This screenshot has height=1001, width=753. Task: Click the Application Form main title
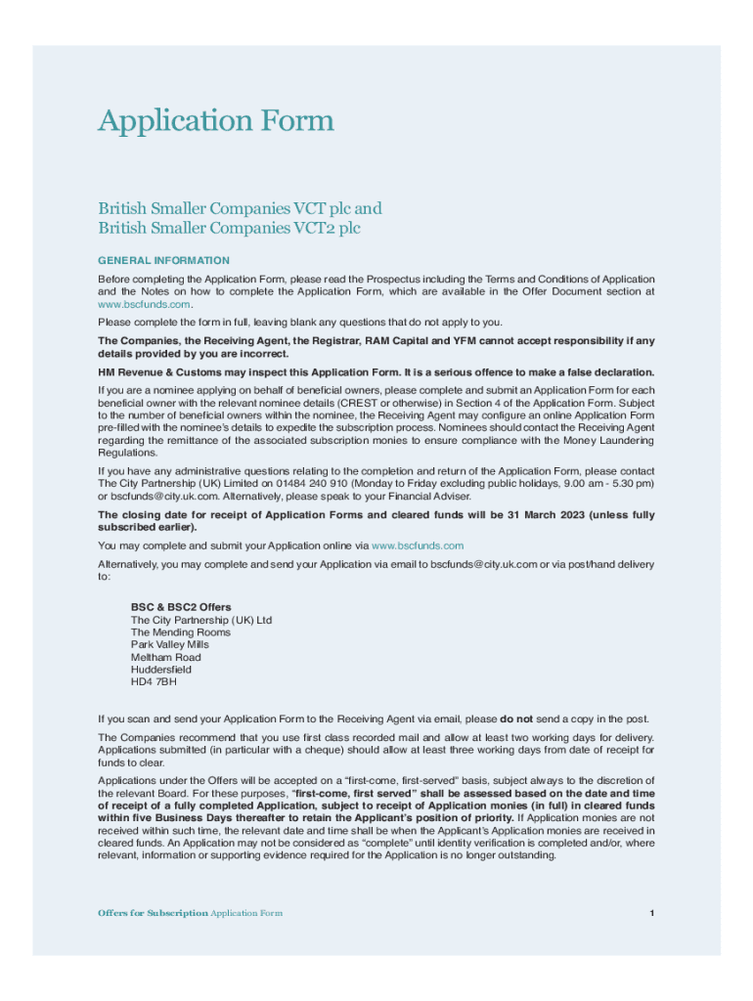click(x=216, y=121)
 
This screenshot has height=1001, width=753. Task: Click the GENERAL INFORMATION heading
click(x=163, y=261)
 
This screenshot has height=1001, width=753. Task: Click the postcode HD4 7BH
click(x=155, y=682)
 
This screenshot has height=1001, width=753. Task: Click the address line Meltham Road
click(x=165, y=657)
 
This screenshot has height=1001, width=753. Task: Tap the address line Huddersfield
click(x=161, y=670)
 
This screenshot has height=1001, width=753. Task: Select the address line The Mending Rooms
click(x=180, y=632)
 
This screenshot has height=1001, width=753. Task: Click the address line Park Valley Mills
click(x=169, y=644)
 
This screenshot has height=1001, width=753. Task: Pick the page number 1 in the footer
click(x=650, y=913)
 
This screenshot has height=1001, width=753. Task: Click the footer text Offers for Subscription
click(x=153, y=913)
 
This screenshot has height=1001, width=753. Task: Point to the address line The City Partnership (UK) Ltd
click(x=201, y=620)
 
